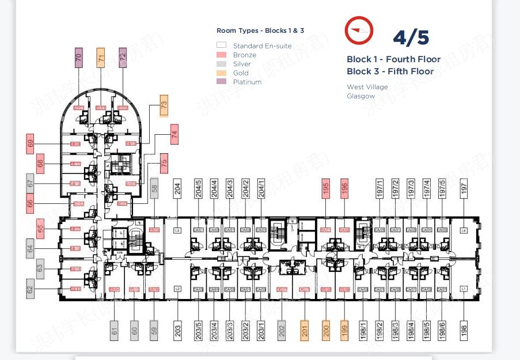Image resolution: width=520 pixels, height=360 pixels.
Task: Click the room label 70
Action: pos(79,58)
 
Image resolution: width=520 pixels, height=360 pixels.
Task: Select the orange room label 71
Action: pos(101,58)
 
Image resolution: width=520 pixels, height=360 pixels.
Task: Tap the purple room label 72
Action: pos(123,58)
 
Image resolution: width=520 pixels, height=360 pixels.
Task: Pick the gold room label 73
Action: pos(164,106)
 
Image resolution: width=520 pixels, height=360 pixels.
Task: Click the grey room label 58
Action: pos(154,188)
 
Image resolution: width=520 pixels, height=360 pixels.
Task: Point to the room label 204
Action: pos(178,188)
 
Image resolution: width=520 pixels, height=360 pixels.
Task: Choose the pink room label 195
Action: pos(325,188)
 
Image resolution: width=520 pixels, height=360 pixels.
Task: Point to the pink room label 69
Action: pos(31,143)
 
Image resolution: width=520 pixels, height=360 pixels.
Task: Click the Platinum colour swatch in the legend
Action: pos(221,82)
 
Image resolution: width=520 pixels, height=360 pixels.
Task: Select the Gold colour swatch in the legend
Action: pos(221,73)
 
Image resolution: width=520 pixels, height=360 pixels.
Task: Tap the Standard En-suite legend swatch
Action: pos(221,46)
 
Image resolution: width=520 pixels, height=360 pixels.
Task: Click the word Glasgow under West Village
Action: pos(360,96)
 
